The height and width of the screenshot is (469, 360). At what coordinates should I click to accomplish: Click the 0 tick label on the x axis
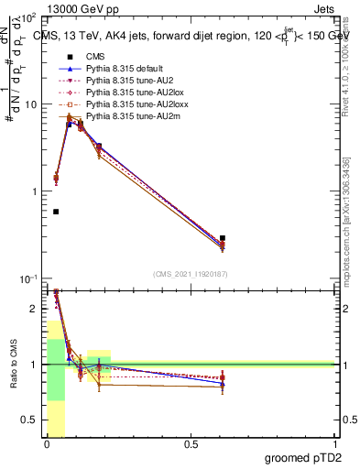click(46, 445)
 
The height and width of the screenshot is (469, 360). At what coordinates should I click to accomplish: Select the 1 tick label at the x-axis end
click(336, 445)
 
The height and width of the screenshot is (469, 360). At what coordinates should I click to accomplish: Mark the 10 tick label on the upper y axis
click(30, 104)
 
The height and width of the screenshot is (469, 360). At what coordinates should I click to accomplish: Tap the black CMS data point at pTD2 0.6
click(223, 238)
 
